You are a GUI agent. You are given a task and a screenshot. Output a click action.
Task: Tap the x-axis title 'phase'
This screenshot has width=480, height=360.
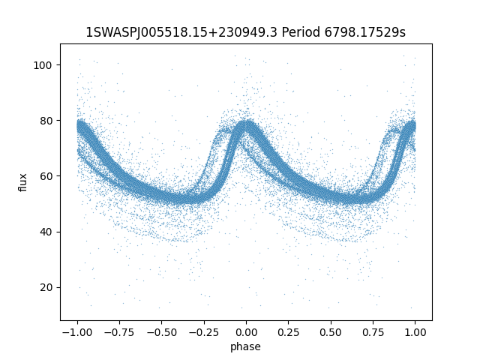click(246, 346)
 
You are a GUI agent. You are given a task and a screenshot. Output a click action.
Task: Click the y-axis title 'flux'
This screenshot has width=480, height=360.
click(23, 182)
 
